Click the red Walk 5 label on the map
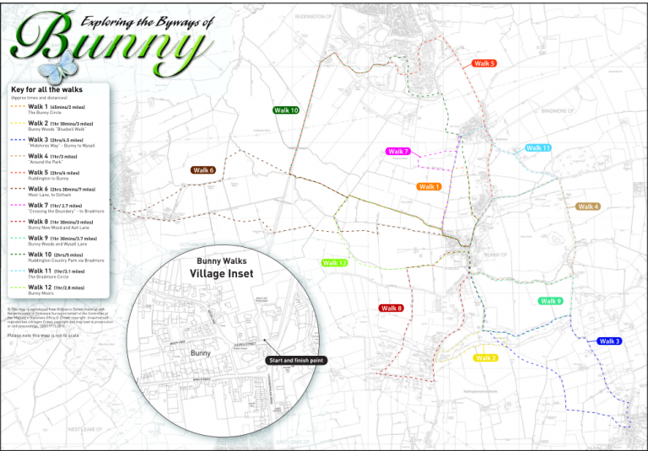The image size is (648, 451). pyautogui.click(x=484, y=63)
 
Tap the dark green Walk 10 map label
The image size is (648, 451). pyautogui.click(x=286, y=110)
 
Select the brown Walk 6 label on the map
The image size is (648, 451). pyautogui.click(x=203, y=170)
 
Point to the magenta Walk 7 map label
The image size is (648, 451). pyautogui.click(x=397, y=152)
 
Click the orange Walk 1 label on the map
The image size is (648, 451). pyautogui.click(x=429, y=186)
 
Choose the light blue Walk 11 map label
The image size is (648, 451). pyautogui.click(x=538, y=148)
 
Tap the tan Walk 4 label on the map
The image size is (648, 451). pyautogui.click(x=588, y=207)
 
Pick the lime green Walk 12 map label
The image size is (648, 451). pyautogui.click(x=335, y=263)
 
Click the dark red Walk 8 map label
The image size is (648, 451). pyautogui.click(x=391, y=309)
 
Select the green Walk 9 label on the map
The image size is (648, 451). pyautogui.click(x=551, y=301)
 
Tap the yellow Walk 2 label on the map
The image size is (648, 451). pyautogui.click(x=486, y=358)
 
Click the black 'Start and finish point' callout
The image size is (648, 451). pyautogui.click(x=294, y=360)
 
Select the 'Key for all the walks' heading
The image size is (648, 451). pyautogui.click(x=47, y=89)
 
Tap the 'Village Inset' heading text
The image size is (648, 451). pyautogui.click(x=221, y=275)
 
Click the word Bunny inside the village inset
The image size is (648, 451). pyautogui.click(x=201, y=352)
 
